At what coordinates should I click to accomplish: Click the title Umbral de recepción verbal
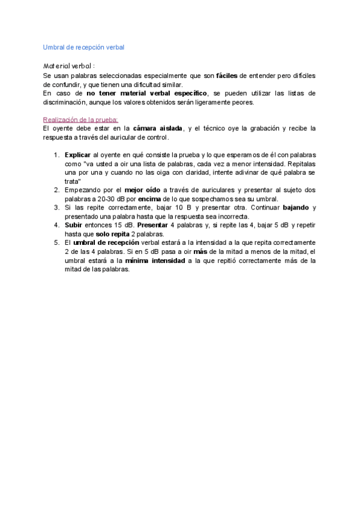coord(83,47)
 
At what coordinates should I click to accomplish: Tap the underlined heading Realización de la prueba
coord(80,119)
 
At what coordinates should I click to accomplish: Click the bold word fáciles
coord(226,76)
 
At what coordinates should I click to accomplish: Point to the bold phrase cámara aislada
coord(157,128)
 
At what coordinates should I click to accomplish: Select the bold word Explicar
coord(77,155)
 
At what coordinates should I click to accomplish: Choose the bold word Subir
coord(73,225)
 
